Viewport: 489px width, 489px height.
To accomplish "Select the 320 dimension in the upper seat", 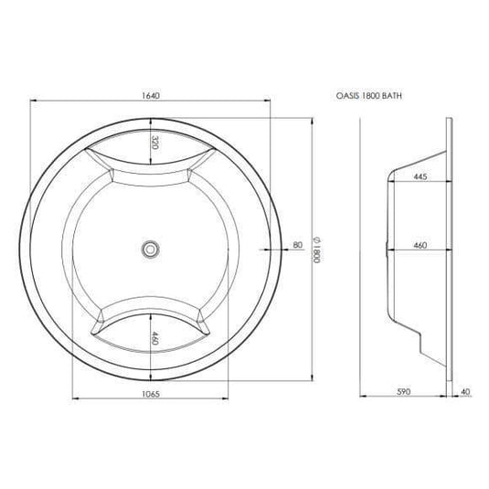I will tap(154, 142).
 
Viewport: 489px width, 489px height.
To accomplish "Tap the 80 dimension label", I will tap(297, 244).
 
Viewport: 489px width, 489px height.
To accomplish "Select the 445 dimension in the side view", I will tap(420, 177).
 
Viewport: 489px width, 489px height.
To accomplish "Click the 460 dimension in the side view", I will tap(420, 244).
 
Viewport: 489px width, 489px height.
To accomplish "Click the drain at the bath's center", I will tap(149, 247).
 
